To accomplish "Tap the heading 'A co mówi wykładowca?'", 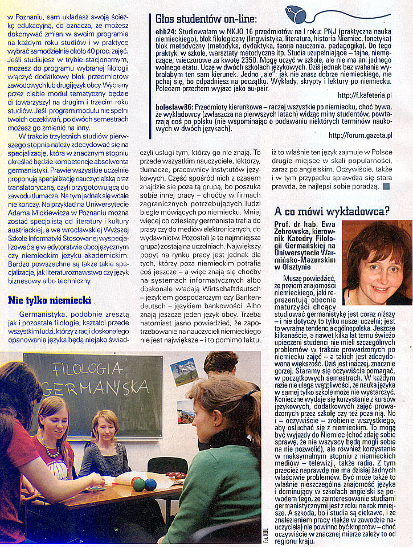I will click(x=332, y=211).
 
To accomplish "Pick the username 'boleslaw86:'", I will click(x=174, y=106).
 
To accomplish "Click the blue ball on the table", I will click(x=150, y=484).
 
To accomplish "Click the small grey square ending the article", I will click(x=386, y=186).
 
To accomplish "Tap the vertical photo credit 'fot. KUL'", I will click(x=265, y=532).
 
